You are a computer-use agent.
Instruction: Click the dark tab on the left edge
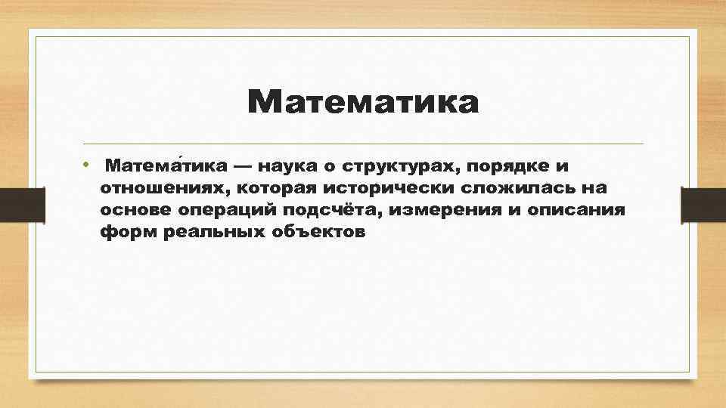14,205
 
